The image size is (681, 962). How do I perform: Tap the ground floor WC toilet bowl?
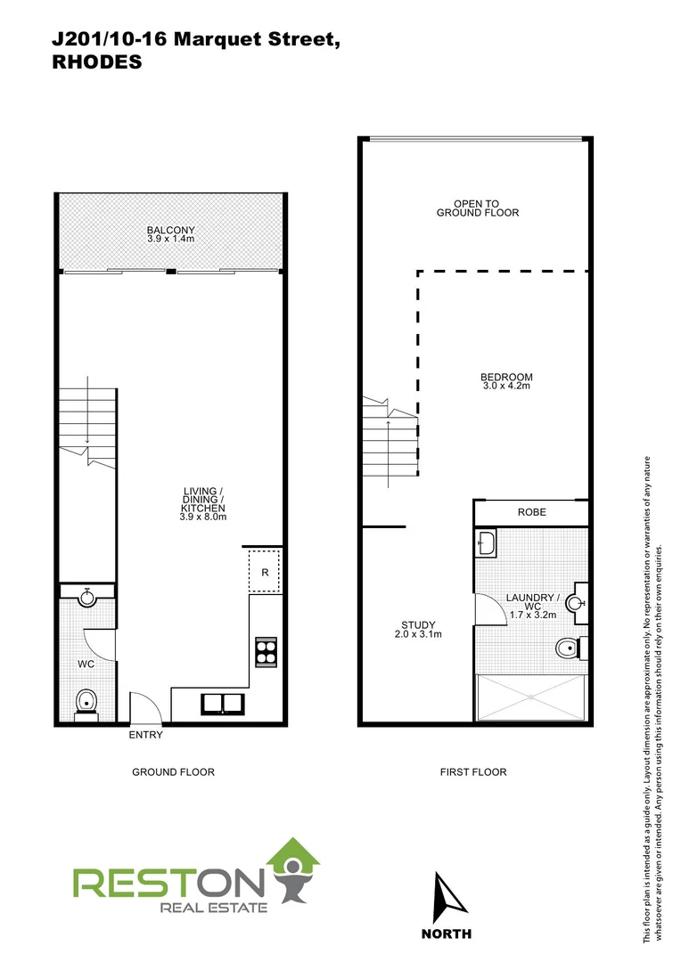(x=86, y=701)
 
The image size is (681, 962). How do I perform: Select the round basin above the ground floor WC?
(x=86, y=598)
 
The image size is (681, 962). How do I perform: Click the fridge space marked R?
(x=265, y=573)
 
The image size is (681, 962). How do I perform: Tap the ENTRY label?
(x=145, y=736)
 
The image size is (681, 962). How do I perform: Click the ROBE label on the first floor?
(x=531, y=512)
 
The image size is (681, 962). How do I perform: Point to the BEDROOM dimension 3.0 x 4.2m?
(x=505, y=386)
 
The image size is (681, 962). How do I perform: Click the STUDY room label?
(x=416, y=624)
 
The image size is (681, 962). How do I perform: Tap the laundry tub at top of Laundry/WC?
(x=487, y=542)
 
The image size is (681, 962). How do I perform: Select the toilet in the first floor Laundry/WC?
(x=566, y=648)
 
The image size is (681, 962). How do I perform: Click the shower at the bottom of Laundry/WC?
(x=531, y=697)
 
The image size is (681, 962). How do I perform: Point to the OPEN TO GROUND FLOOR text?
(x=477, y=208)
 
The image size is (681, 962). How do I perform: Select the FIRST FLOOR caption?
(x=473, y=772)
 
